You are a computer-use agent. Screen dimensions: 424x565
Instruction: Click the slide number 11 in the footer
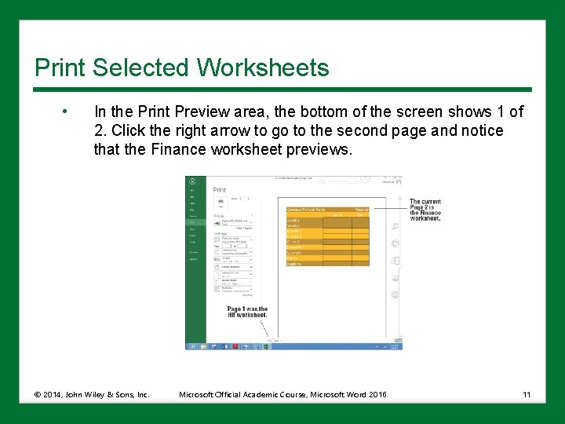click(526, 394)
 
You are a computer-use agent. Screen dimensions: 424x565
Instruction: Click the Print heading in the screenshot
click(219, 189)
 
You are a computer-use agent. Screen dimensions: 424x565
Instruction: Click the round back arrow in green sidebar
click(192, 181)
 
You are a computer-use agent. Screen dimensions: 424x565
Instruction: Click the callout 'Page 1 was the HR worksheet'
click(247, 312)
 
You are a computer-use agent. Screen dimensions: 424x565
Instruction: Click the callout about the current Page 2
click(425, 210)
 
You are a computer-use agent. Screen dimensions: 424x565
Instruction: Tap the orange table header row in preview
click(327, 211)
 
